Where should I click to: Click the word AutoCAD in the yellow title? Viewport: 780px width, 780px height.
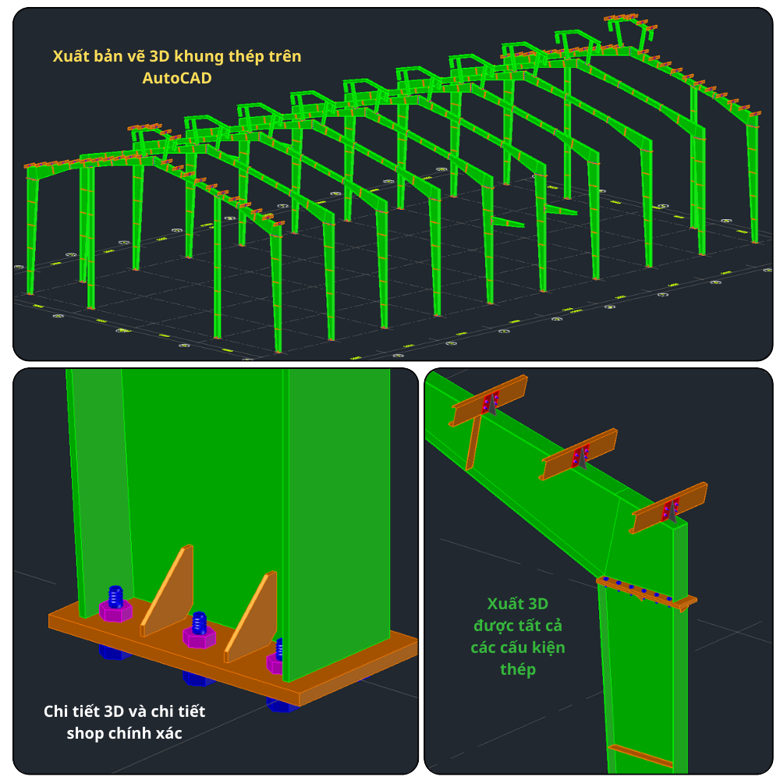(177, 78)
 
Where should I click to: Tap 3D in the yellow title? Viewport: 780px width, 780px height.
(160, 56)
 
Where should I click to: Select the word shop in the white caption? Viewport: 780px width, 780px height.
(85, 733)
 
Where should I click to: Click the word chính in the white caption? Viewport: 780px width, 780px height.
(129, 733)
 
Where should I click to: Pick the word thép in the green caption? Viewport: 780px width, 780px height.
(518, 669)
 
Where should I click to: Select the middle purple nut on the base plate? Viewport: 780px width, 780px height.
(199, 636)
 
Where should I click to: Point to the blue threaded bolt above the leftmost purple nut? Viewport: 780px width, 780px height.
(115, 596)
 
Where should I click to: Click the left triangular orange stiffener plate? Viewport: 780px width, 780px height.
(168, 590)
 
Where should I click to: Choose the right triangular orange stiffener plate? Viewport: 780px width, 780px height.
(251, 617)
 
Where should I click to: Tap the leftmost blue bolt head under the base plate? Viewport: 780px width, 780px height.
(115, 651)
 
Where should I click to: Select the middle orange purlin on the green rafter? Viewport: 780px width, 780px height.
(579, 454)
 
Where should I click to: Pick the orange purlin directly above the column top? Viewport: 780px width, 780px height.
(668, 508)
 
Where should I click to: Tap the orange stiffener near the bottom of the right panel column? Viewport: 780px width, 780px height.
(640, 755)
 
